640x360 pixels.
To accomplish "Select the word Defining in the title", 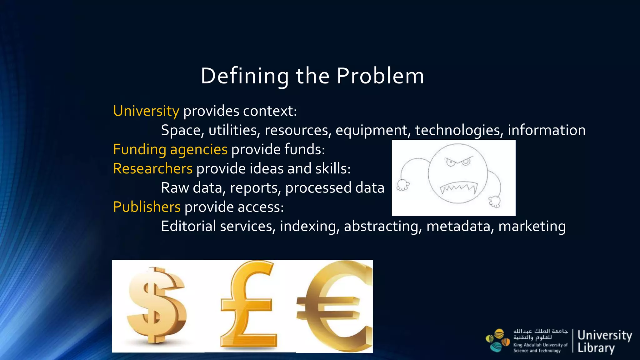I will tap(245, 76).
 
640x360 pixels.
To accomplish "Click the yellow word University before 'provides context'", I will tap(146, 111).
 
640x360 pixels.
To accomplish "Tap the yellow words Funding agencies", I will tap(170, 149).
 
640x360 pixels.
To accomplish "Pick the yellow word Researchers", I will tap(152, 169).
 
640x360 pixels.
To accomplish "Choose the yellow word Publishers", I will tap(147, 207).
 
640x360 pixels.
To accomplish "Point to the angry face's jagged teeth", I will tap(459, 188).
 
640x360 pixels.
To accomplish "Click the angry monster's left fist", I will tap(403, 185).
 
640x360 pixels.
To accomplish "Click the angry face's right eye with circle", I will tap(466, 161).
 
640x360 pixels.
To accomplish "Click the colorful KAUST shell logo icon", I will tap(497, 341).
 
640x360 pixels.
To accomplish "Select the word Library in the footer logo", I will tap(596, 348).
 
